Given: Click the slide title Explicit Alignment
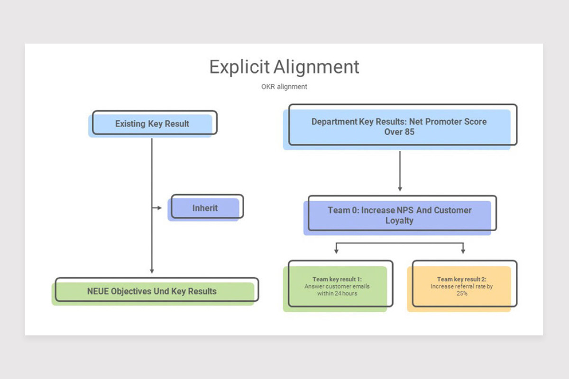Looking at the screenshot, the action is point(284,67).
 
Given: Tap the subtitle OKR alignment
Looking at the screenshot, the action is point(284,87).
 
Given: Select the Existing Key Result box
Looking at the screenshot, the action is point(152,124).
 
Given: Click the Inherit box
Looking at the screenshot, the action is point(205,208).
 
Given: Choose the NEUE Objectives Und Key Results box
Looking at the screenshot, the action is point(155,291).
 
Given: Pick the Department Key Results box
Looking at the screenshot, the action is point(400,126).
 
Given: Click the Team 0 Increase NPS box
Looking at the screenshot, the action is point(400,215).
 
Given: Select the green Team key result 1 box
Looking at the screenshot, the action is point(338,286).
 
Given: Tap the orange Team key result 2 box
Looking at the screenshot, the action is point(462,286).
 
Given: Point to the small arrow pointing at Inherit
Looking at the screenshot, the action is point(157,208).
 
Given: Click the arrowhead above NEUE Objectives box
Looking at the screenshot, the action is point(152,271).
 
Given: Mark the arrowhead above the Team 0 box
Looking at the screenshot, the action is point(400,189).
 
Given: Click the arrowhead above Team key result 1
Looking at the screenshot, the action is point(336,251).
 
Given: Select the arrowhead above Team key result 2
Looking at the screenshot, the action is point(463,251).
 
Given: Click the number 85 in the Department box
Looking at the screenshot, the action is point(410,132).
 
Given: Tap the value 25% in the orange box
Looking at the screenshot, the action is point(462,293).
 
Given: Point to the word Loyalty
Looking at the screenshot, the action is point(399,221).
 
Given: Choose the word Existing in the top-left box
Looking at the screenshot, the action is point(130,124).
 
